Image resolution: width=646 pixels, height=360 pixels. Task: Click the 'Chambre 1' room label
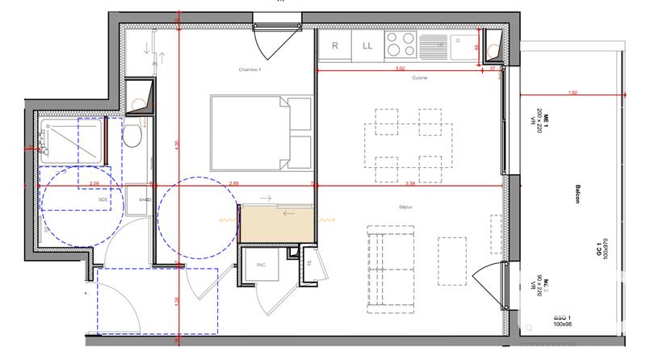tap(251, 71)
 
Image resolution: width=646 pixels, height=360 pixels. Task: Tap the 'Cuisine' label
tap(418, 77)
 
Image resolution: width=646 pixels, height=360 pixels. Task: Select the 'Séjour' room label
tap(405, 207)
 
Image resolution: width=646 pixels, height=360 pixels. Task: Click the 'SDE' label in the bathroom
tap(103, 198)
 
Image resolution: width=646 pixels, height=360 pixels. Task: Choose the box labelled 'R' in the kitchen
tap(334, 46)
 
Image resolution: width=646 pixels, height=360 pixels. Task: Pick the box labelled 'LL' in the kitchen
tap(367, 46)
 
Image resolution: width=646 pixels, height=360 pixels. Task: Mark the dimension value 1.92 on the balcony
tap(573, 93)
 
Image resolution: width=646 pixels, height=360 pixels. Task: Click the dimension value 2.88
tap(234, 183)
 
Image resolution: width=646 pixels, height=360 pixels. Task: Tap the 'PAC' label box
tap(261, 265)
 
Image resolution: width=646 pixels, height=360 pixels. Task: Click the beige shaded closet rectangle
tap(277, 224)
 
